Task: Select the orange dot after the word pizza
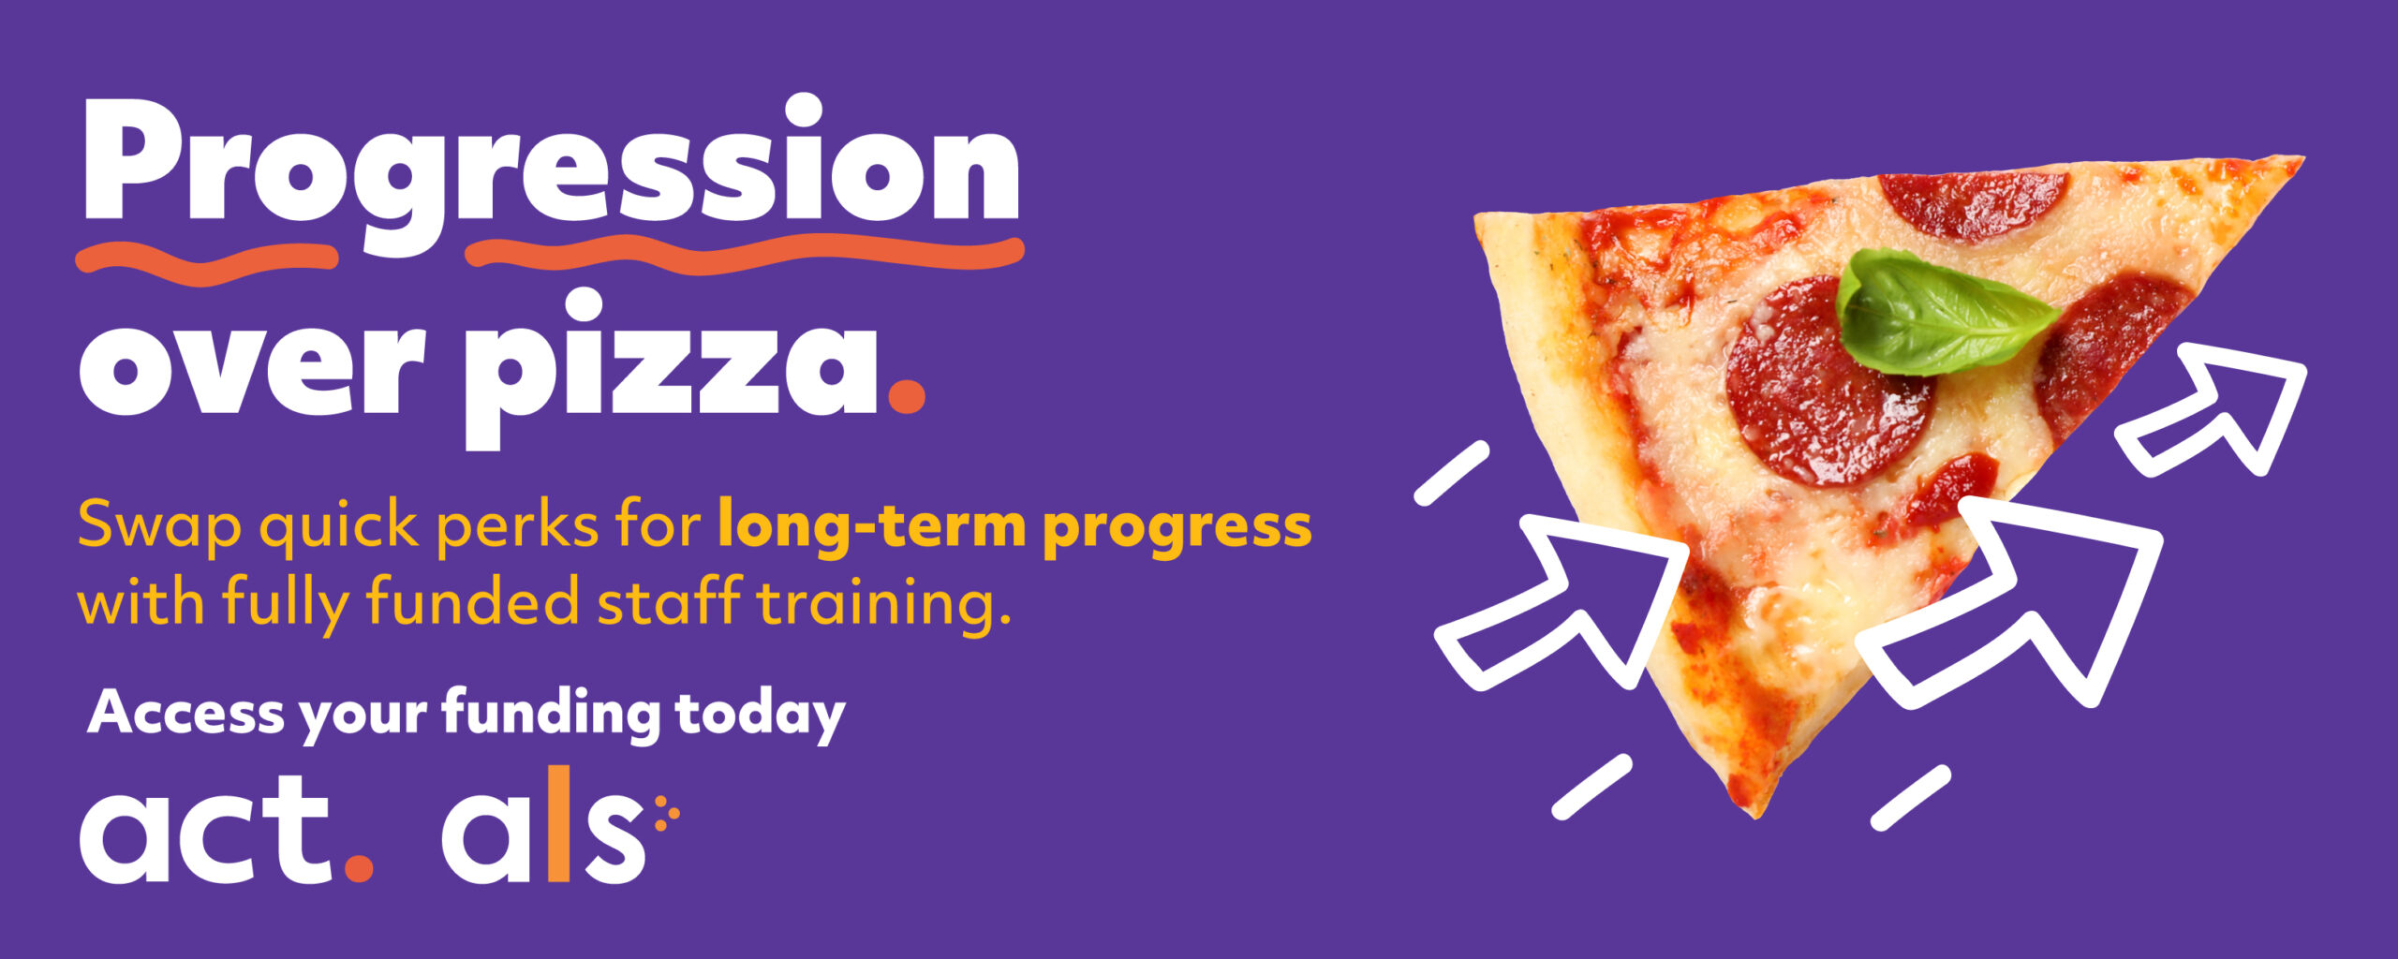[906, 394]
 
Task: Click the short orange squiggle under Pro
[206, 259]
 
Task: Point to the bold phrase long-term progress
[1014, 527]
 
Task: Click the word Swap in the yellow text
[159, 527]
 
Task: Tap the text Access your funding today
[466, 715]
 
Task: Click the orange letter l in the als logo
[558, 824]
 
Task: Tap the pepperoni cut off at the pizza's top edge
[1972, 202]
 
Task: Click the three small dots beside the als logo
[666, 813]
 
